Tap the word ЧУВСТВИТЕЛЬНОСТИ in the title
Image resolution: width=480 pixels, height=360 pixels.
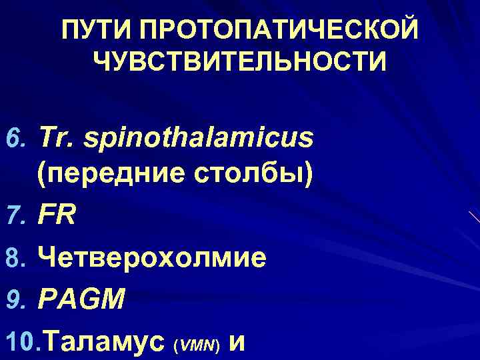pos(240,63)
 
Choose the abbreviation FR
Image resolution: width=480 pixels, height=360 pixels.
pos(56,215)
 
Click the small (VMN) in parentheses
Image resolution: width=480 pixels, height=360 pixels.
pos(196,346)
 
